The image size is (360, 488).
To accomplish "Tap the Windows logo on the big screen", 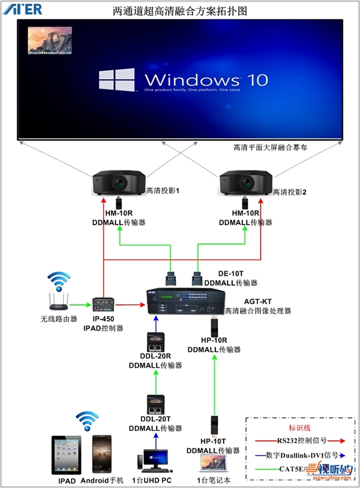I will click(118, 80).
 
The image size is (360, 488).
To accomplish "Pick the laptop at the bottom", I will click(214, 463).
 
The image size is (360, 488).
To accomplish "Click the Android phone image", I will click(101, 454).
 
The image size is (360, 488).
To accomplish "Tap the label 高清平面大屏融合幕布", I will click(271, 147).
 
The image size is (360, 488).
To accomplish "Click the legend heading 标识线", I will click(300, 428).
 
